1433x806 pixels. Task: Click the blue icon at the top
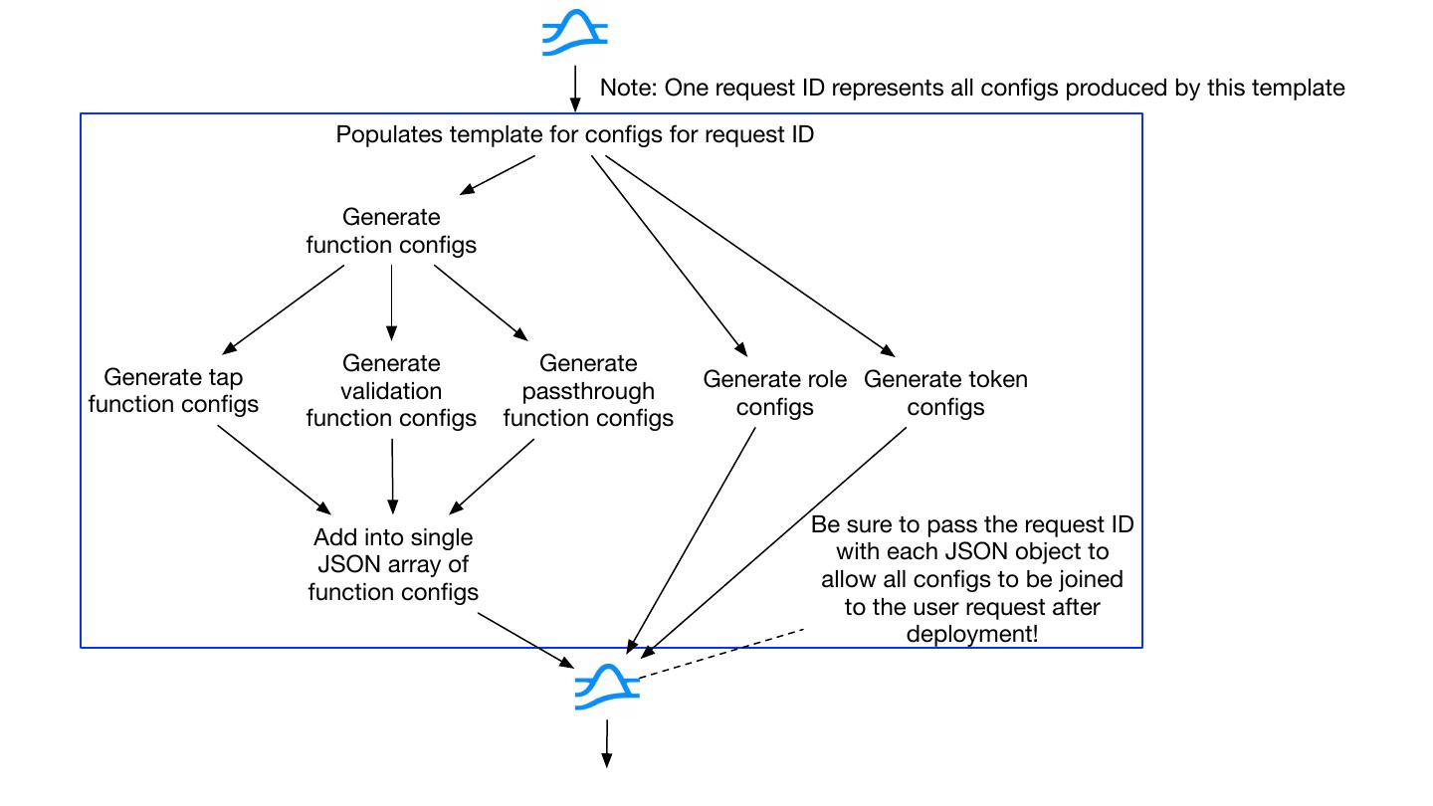click(574, 33)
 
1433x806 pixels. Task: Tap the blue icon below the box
click(607, 687)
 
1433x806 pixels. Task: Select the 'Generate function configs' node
click(391, 231)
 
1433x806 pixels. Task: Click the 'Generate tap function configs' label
click(173, 390)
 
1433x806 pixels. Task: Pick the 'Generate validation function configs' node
click(391, 390)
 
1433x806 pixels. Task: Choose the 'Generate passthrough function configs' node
click(588, 390)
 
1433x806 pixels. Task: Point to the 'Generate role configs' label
click(774, 393)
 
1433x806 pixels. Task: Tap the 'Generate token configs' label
click(945, 393)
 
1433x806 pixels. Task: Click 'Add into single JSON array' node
click(393, 564)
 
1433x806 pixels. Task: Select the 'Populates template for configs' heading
click(574, 134)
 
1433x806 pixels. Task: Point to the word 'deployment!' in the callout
click(971, 634)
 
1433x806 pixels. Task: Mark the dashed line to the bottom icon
click(720, 653)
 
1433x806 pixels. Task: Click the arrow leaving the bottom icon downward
click(606, 743)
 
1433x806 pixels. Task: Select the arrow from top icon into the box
click(575, 89)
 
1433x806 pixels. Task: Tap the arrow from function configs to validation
click(391, 302)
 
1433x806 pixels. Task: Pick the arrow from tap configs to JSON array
click(275, 470)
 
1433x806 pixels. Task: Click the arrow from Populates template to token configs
click(749, 256)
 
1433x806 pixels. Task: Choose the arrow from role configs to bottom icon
click(691, 540)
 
